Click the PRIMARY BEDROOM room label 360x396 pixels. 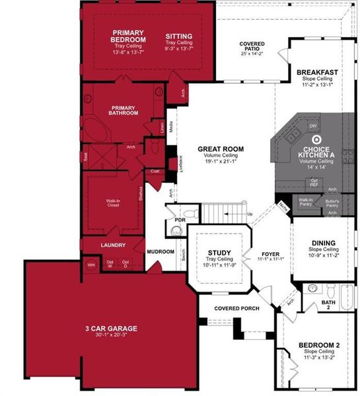129,36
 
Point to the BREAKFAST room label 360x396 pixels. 317,72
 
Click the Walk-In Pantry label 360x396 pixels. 305,201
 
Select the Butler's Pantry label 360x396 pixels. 332,201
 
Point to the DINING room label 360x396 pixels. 324,242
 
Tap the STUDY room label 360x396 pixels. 218,252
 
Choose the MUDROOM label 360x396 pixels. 161,251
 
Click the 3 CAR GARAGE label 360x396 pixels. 106,328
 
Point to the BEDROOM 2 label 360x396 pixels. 318,345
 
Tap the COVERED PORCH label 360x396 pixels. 237,308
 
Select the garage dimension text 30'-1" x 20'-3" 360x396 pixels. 106,335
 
